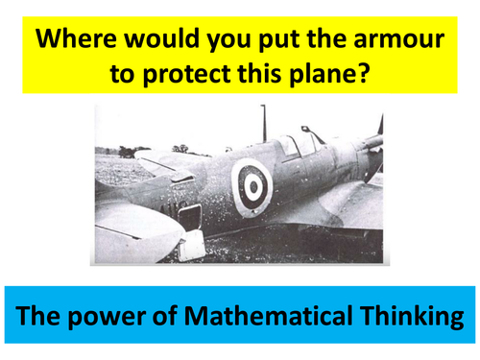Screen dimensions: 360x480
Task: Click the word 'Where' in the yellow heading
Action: tap(80, 41)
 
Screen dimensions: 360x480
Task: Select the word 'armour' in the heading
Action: tap(396, 41)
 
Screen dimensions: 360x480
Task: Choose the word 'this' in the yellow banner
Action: tap(252, 77)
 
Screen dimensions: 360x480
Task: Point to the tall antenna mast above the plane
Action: tap(263, 123)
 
